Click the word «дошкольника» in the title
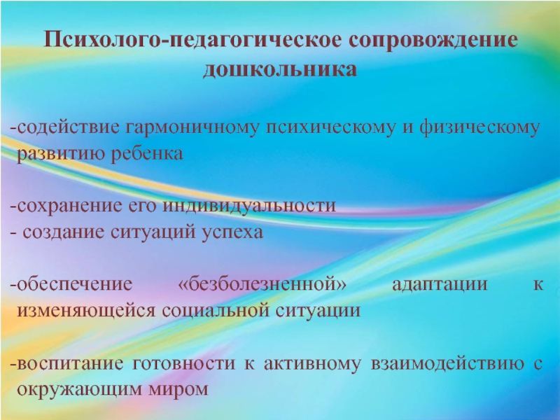coord(280,71)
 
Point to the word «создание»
coord(63,232)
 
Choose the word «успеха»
coord(233,232)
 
